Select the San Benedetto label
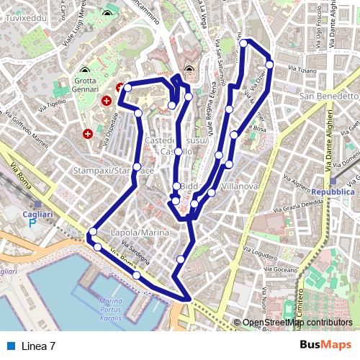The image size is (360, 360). pyautogui.click(x=328, y=96)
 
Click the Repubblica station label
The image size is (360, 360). pyautogui.click(x=333, y=193)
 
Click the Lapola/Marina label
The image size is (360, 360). pyautogui.click(x=140, y=233)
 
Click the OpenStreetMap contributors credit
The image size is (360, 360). pyautogui.click(x=298, y=323)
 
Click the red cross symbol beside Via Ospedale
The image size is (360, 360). pyautogui.click(x=89, y=133)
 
